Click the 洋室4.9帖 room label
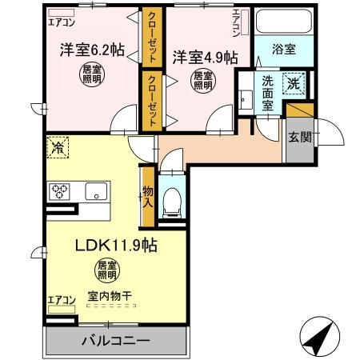click(205, 58)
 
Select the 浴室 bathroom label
click(284, 49)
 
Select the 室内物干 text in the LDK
click(110, 296)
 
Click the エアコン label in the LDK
click(60, 301)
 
